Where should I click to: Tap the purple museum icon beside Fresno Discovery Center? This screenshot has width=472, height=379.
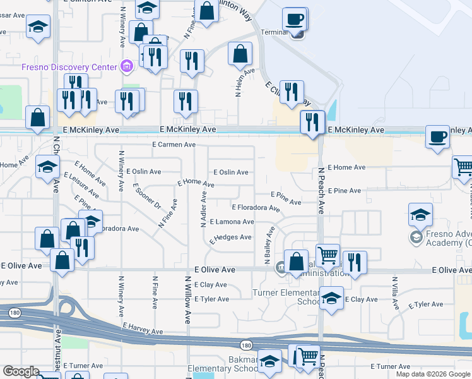(126, 66)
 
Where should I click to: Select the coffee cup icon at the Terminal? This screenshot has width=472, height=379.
(295, 19)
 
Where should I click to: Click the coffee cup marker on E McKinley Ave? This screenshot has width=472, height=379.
(437, 137)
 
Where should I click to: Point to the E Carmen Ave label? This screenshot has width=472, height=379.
(174, 145)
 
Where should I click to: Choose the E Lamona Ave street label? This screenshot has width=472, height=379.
(232, 222)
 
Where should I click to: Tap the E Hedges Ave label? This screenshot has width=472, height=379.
(231, 238)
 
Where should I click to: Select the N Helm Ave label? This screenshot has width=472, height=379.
(240, 82)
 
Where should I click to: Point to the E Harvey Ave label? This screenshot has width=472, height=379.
(143, 328)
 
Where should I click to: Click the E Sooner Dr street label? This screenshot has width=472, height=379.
(147, 196)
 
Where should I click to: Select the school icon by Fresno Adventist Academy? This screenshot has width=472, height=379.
(420, 215)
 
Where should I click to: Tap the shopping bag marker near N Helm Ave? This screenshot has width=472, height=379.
(240, 55)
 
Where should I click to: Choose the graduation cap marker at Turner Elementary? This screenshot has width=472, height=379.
(331, 299)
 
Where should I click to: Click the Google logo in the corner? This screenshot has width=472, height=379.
(21, 371)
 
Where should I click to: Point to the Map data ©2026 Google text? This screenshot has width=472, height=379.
(434, 374)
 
